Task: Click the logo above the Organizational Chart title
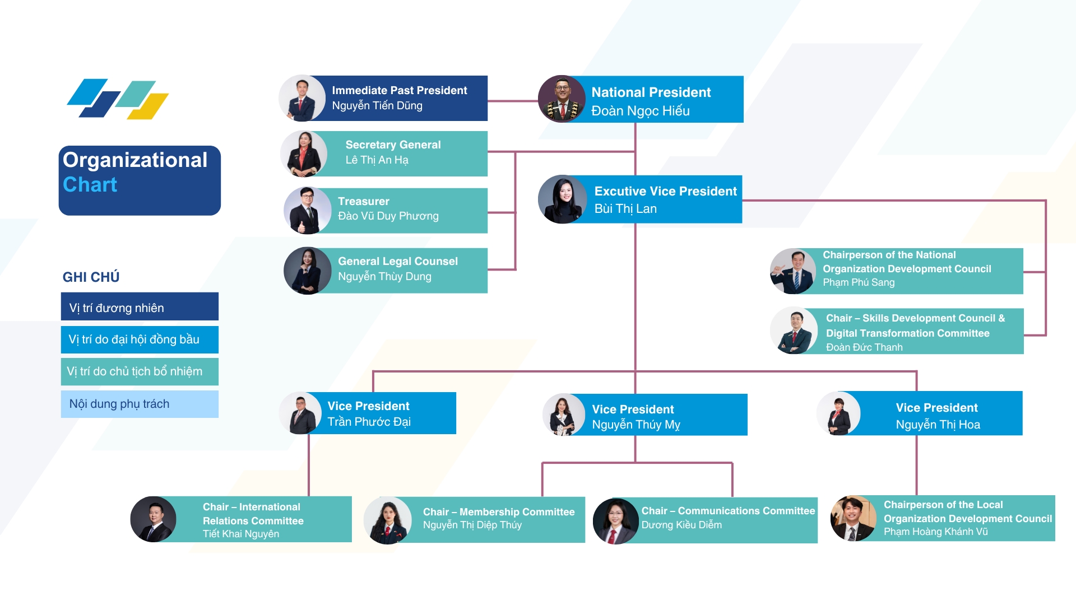point(118,99)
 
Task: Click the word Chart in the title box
point(90,185)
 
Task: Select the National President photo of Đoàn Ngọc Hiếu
point(562,99)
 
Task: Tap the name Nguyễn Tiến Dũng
point(377,106)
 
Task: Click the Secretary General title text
point(393,145)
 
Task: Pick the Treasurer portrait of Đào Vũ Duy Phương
point(308,211)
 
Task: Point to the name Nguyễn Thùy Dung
point(384,277)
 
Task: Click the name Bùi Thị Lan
point(625,209)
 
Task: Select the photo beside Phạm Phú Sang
point(793,272)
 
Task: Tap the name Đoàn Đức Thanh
point(864,347)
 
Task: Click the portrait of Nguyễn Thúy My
point(564,415)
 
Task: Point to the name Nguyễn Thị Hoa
point(938,425)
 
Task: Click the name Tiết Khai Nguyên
point(241,534)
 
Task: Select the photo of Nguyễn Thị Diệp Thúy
point(388,520)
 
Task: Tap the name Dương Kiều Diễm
point(681,525)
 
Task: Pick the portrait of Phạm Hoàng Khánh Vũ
point(853,519)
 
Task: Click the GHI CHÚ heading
point(91,277)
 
